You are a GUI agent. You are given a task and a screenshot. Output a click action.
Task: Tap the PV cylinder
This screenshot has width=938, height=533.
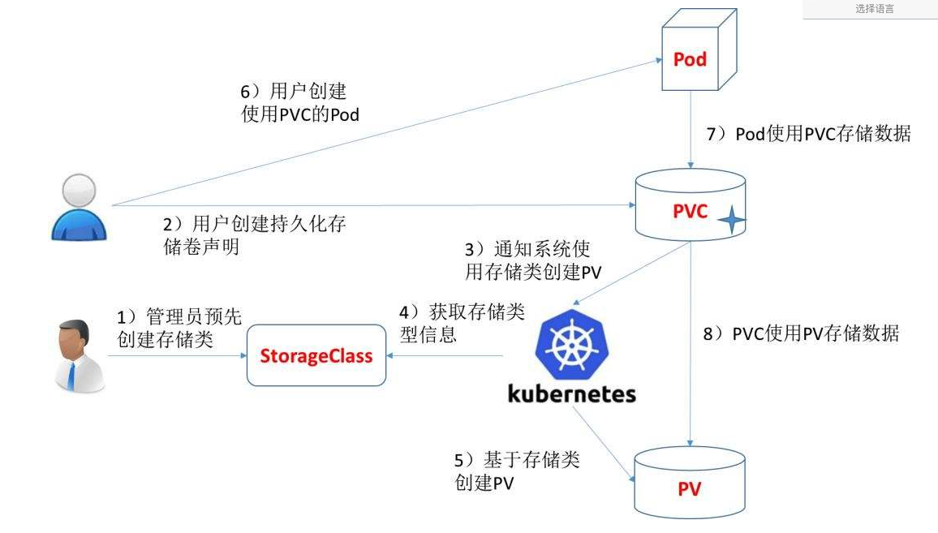(x=689, y=488)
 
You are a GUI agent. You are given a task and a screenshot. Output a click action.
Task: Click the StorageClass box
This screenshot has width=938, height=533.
(x=316, y=355)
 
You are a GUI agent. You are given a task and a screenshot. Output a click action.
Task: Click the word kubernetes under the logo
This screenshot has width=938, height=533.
(x=571, y=395)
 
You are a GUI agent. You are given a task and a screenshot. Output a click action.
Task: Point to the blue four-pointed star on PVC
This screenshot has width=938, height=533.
(x=732, y=221)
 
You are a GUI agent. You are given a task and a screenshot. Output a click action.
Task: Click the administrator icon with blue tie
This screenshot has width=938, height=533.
(x=79, y=356)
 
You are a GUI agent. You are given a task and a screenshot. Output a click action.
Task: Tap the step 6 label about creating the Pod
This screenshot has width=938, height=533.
(x=300, y=103)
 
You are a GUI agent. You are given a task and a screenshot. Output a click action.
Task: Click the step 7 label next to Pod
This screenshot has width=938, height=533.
(x=808, y=134)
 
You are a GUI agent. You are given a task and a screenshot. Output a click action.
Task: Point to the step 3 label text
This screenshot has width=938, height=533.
(x=532, y=260)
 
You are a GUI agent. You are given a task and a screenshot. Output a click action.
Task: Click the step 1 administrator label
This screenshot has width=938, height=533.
(x=179, y=328)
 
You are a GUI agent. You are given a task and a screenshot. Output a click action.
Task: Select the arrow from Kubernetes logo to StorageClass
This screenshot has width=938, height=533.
(x=446, y=355)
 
